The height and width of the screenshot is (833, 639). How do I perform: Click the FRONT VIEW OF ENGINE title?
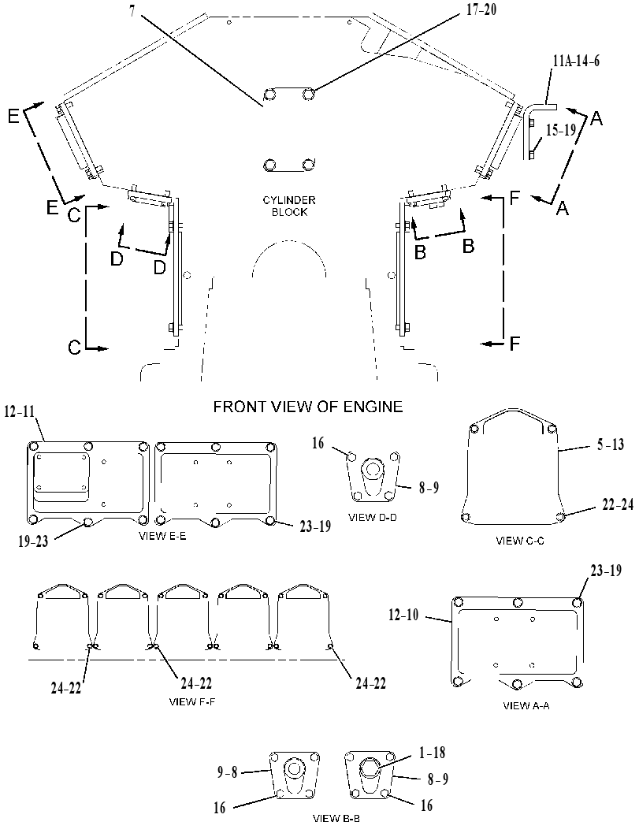[x=308, y=407]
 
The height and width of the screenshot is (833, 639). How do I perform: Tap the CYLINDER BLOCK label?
[x=289, y=206]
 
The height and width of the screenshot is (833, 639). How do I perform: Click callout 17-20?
[x=481, y=9]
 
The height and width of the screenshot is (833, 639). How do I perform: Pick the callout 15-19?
[x=562, y=129]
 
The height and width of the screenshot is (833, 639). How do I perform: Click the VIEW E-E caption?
[x=162, y=536]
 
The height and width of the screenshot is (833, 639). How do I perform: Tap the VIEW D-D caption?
[x=373, y=518]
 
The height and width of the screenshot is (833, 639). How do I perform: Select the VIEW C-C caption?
[x=520, y=541]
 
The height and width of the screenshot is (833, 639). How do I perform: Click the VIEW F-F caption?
[x=192, y=701]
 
